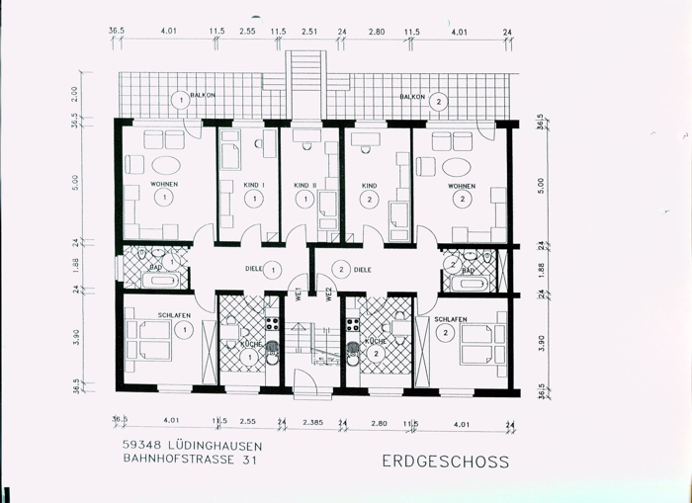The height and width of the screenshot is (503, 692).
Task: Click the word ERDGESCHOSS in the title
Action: coord(445,461)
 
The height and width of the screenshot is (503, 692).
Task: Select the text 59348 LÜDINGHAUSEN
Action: coord(186,445)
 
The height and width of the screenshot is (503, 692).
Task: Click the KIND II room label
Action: coord(304,185)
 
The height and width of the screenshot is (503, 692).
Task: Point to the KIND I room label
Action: coord(254,185)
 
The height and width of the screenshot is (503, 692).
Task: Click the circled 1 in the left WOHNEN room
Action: coord(163,199)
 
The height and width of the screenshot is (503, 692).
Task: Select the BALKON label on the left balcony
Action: coord(203,96)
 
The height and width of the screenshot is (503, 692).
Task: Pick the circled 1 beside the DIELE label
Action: coord(273,269)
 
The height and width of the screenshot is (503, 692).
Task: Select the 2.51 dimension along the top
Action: coord(309,32)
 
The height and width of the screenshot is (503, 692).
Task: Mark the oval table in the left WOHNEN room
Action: coord(164,165)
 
